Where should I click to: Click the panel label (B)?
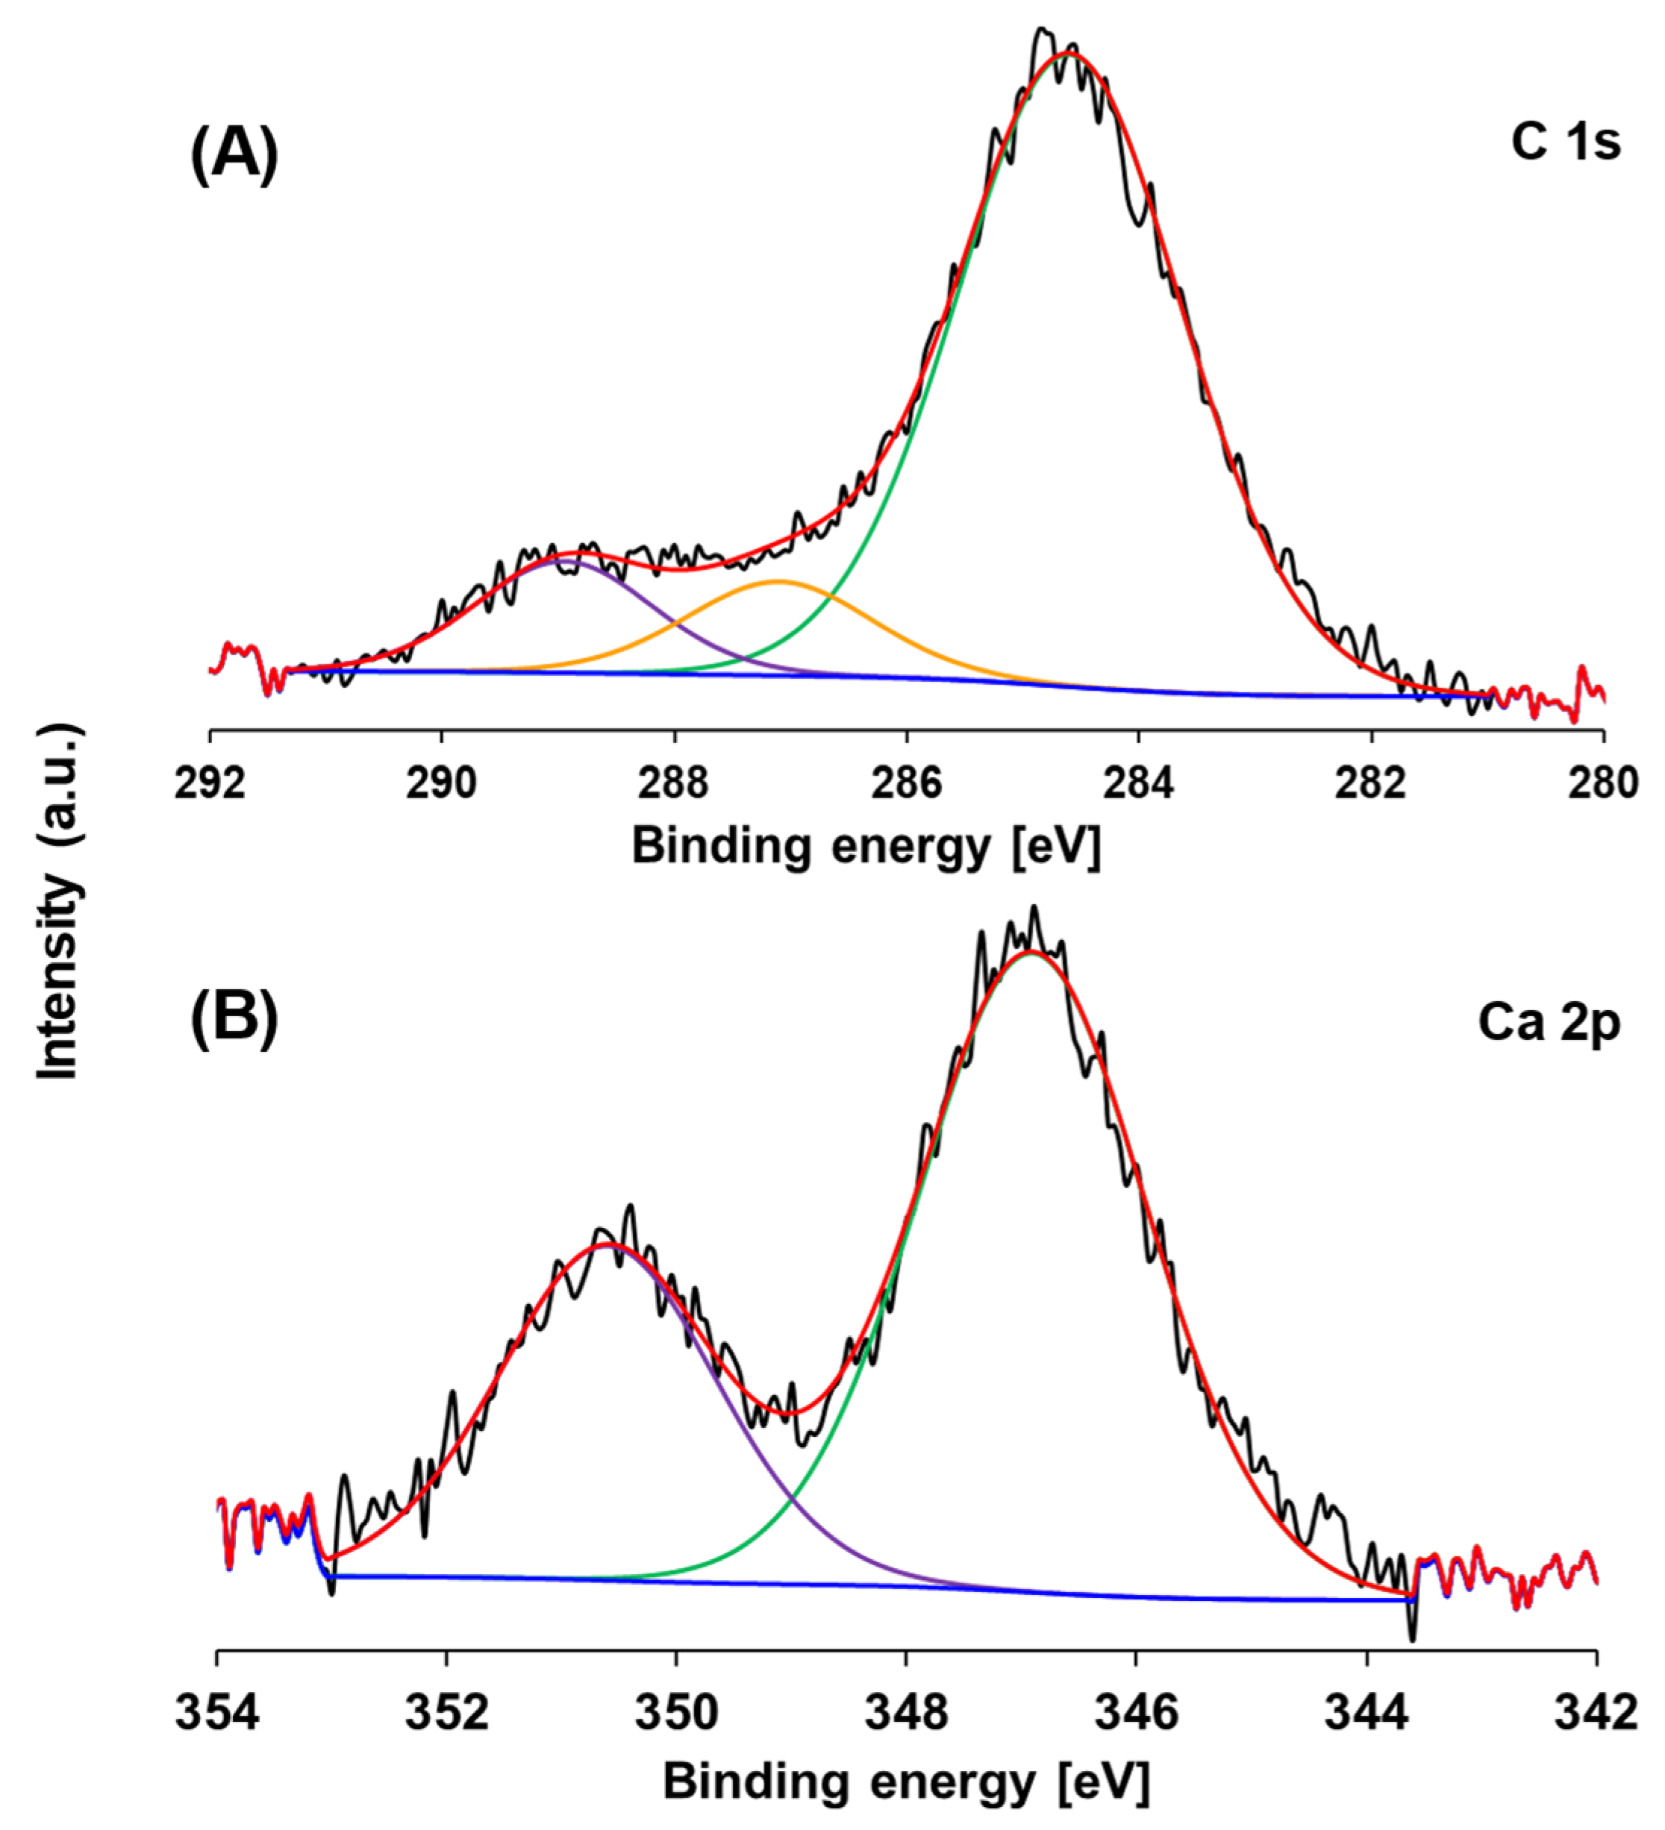click(234, 1018)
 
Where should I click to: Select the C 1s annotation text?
click(1565, 142)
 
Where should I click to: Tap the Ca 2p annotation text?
click(1549, 1023)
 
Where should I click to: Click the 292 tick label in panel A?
click(210, 783)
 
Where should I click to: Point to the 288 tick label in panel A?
click(672, 783)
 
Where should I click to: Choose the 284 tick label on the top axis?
click(1138, 783)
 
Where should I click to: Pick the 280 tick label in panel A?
click(1603, 783)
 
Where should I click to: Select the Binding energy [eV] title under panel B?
click(906, 1780)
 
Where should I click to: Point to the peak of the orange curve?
click(779, 581)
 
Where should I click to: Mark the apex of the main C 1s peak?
click(1069, 54)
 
